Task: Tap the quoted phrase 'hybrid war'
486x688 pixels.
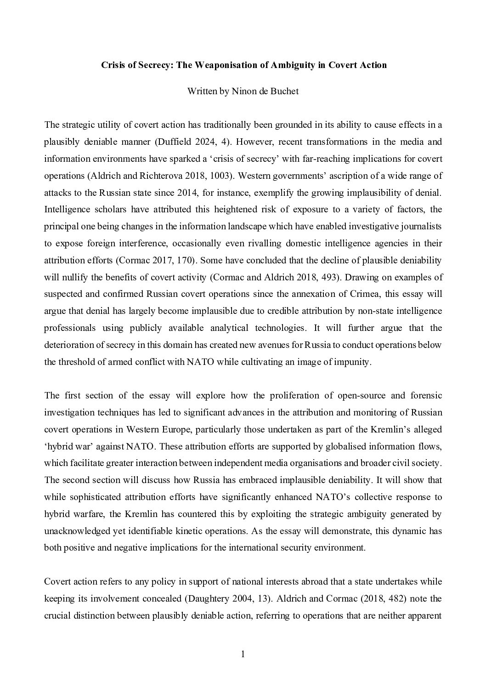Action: pos(63,446)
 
